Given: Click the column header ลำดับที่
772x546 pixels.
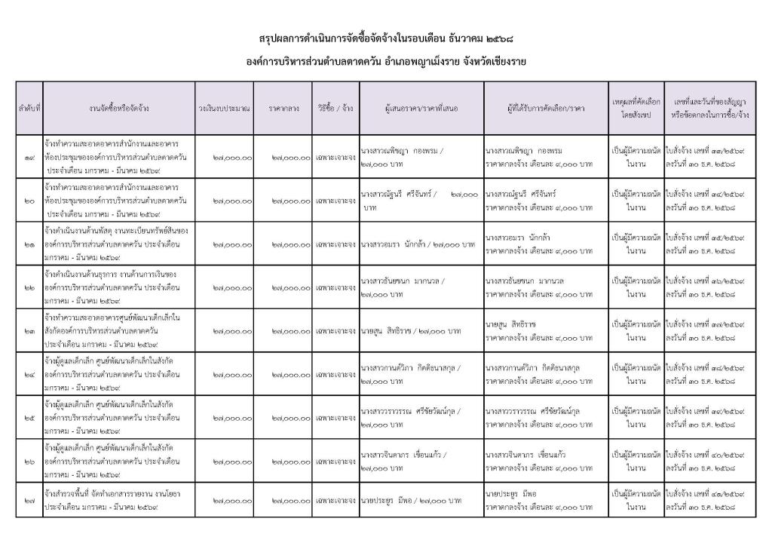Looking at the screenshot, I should coord(29,109).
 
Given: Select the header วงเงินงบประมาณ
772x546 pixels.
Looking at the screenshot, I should coord(224,109).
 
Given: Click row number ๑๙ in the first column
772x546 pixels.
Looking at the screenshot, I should coord(29,158).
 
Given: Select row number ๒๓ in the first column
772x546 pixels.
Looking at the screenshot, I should coord(29,331).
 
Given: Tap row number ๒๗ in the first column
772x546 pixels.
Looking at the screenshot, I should coord(29,500).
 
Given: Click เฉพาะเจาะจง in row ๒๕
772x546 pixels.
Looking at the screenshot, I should coord(335,417).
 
